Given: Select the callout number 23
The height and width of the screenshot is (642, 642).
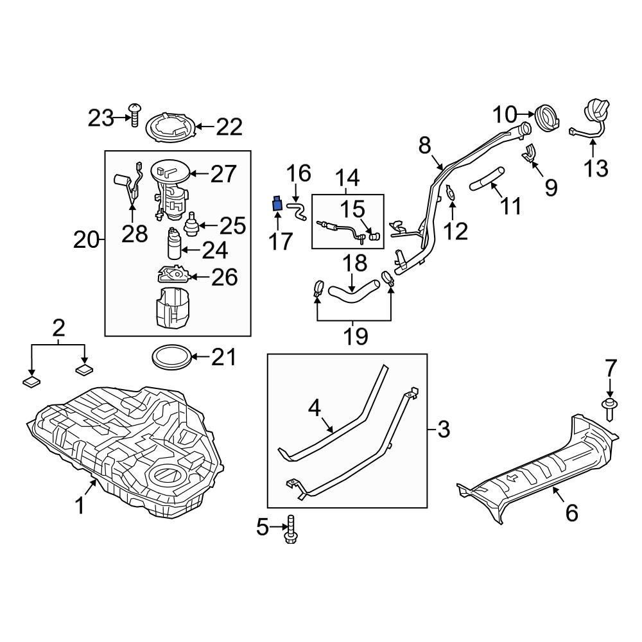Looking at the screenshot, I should (100, 117).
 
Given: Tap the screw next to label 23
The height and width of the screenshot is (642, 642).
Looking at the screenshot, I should (135, 115).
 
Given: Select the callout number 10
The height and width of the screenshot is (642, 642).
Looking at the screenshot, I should (505, 116).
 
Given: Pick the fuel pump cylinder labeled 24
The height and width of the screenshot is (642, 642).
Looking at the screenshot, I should (174, 245).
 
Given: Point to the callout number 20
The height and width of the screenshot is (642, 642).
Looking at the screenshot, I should (87, 241).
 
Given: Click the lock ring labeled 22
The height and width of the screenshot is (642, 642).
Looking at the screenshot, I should (171, 126).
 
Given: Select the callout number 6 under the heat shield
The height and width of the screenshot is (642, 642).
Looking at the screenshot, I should (571, 512).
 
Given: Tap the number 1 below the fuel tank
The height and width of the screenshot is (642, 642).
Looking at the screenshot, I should (80, 507).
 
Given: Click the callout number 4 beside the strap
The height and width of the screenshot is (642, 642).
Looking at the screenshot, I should (314, 407).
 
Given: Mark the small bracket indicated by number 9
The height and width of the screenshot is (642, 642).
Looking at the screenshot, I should (529, 155).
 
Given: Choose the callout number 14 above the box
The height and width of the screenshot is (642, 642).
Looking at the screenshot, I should (347, 178).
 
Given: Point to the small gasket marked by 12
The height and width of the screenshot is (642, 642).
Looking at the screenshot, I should (451, 192).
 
